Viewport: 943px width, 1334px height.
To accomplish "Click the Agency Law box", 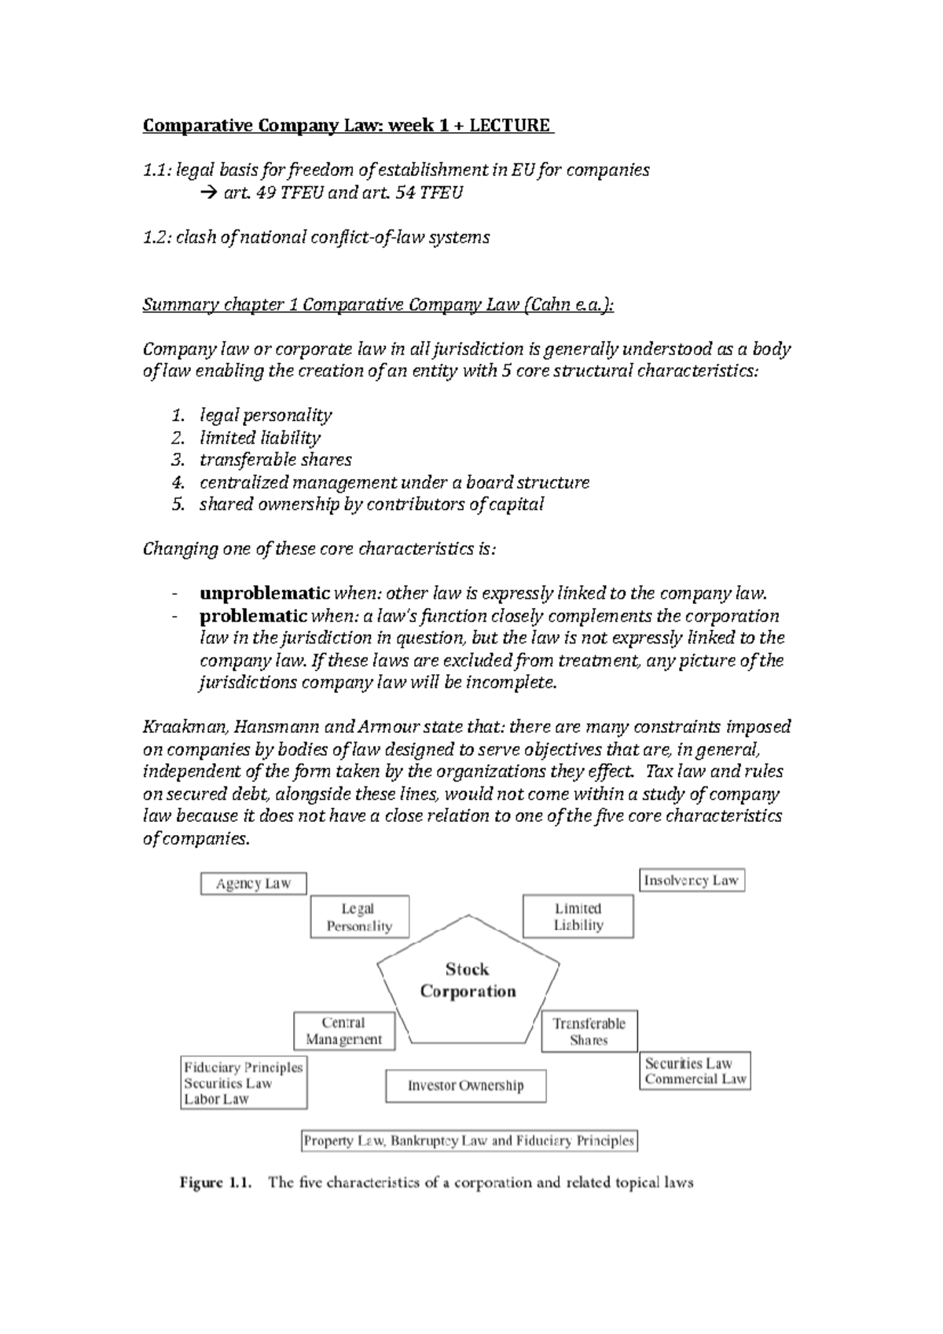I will coord(253,884).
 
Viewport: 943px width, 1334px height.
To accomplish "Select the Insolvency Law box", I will coord(691,881).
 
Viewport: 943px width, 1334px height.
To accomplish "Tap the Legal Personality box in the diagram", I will coord(359,917).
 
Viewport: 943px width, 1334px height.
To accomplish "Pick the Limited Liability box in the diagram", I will coord(578,917).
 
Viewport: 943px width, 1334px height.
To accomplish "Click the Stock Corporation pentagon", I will coord(468,980).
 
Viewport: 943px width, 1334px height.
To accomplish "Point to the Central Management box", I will coord(343,1031).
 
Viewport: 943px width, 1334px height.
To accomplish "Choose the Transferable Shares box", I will coord(589,1032).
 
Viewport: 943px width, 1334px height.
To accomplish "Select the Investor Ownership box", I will coord(465,1086).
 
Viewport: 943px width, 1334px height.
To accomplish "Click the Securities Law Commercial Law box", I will coord(695,1071).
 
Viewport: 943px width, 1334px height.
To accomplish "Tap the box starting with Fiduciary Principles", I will coord(243,1083).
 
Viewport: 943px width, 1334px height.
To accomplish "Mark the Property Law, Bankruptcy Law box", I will coord(469,1141).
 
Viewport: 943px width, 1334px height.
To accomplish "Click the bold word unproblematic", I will coord(265,593).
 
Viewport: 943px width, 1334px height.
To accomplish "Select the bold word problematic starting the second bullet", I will coord(253,615).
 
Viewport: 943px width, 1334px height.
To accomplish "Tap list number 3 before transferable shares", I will coord(178,460).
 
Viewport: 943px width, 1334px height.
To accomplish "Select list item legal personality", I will coord(266,415).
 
